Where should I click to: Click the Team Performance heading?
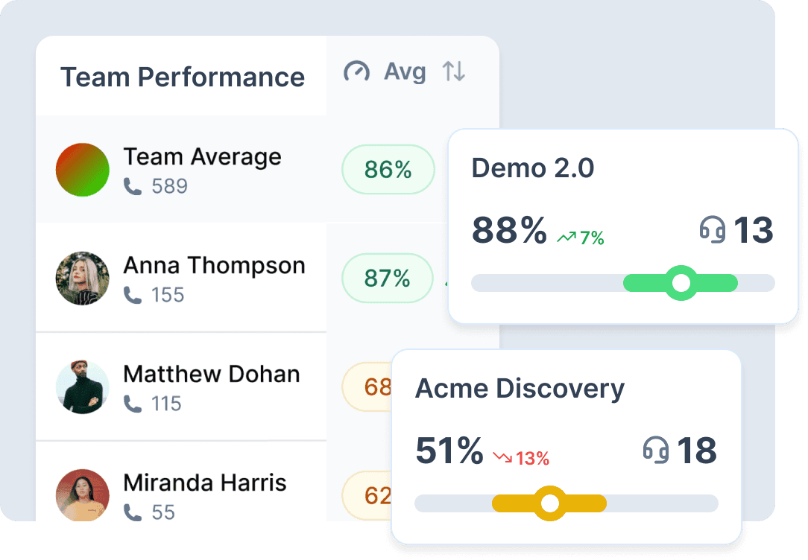[x=183, y=77]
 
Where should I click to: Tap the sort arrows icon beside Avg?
[x=454, y=72]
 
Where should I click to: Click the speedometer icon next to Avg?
[x=356, y=72]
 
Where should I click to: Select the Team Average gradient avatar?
[x=83, y=170]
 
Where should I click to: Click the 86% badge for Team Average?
[x=388, y=170]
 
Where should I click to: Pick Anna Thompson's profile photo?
[x=83, y=279]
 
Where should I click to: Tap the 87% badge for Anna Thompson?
[x=387, y=279]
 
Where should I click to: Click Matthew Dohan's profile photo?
[x=83, y=387]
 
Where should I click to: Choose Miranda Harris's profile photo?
[x=83, y=494]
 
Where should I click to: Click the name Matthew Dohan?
[x=212, y=374]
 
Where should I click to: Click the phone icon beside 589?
[x=133, y=186]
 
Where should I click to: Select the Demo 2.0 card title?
[x=533, y=168]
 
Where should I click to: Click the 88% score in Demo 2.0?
[x=509, y=230]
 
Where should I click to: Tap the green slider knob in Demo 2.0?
[x=681, y=283]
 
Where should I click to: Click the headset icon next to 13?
[x=713, y=229]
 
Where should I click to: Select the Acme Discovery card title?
[x=520, y=389]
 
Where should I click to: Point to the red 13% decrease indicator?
[x=521, y=459]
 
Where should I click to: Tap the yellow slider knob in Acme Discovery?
[x=550, y=503]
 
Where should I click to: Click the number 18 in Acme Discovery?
[x=696, y=451]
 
